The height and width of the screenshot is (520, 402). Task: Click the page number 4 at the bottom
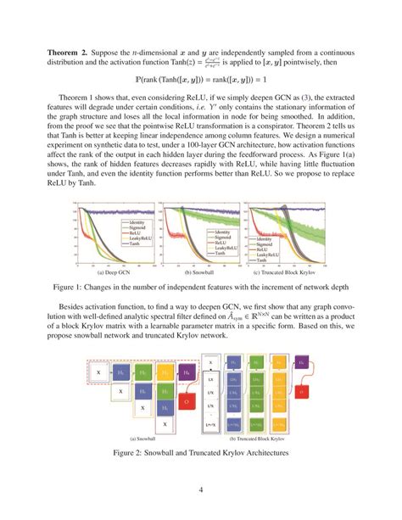[200, 489]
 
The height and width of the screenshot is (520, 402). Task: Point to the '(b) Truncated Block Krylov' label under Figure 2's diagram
[260, 439]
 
